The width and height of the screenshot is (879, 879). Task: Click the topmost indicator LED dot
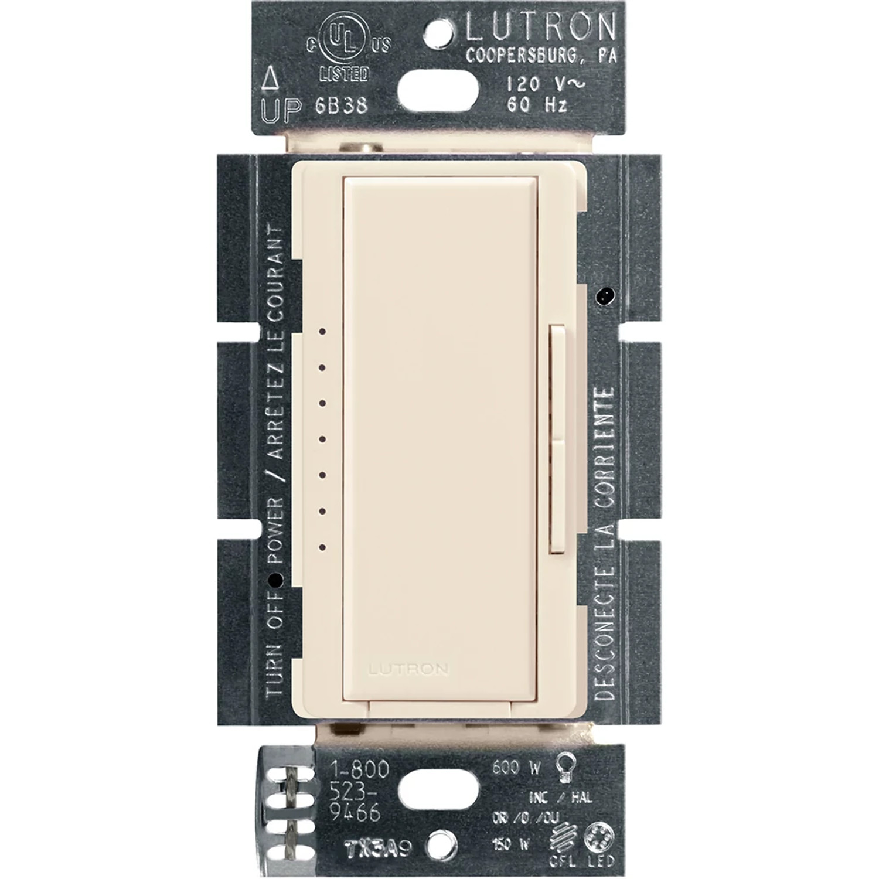322,332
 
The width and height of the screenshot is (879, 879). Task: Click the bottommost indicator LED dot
322,547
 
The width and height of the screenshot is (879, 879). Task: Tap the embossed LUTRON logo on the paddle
408,669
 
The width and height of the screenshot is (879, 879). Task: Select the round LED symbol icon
599,835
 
